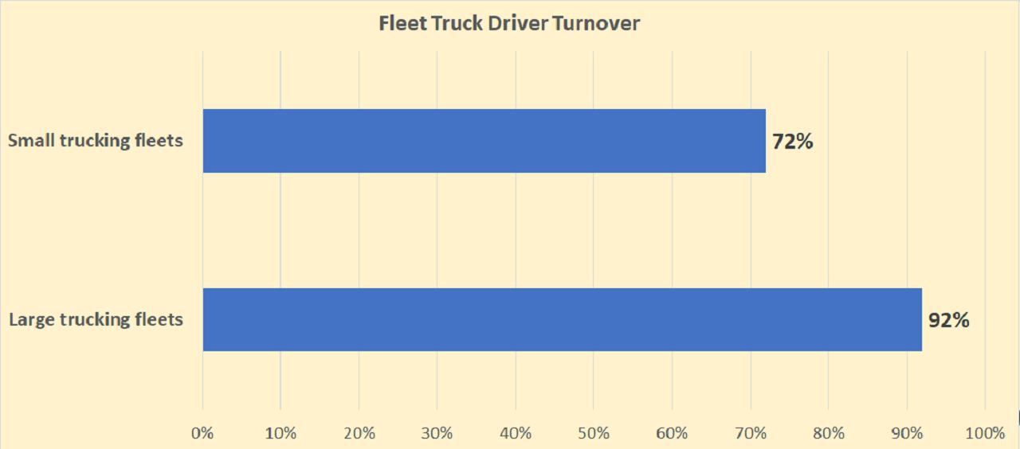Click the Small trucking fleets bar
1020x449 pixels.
[484, 141]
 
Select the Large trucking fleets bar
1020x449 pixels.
[562, 319]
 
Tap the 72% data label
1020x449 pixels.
[793, 142]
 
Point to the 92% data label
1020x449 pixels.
[949, 320]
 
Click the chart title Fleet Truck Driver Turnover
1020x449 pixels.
[510, 24]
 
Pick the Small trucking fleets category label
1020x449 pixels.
[96, 141]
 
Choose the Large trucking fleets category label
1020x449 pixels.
[96, 320]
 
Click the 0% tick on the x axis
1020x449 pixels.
[203, 433]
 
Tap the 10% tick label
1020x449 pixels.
[280, 433]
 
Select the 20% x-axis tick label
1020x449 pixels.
[359, 433]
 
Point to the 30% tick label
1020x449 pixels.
[437, 433]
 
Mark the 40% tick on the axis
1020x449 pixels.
[516, 433]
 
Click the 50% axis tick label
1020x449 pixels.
[594, 433]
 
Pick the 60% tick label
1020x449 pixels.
[672, 433]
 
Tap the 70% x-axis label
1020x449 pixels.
[750, 433]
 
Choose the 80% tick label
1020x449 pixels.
[829, 433]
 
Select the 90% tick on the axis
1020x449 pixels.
[907, 433]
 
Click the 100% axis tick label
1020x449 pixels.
[985, 433]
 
